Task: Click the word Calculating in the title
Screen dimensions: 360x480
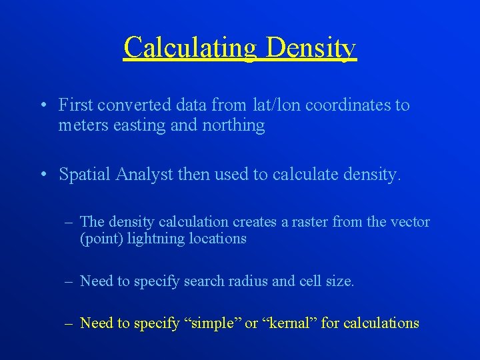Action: (190, 48)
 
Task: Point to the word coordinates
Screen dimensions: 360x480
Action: (350, 105)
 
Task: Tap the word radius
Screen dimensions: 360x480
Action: (247, 281)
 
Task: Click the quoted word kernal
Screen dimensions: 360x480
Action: (290, 323)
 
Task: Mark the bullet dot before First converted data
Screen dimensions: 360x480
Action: (42, 105)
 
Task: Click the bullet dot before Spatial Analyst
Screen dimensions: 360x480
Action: (42, 175)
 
